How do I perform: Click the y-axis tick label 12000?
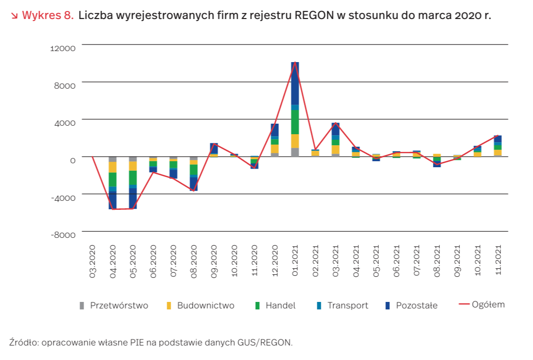click(63, 48)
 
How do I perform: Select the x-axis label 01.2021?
click(295, 261)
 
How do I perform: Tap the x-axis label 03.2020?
click(93, 261)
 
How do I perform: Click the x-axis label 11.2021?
click(498, 261)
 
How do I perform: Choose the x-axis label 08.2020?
click(194, 261)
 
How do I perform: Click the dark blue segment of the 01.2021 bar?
click(295, 83)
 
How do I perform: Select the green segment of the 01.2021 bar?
click(295, 122)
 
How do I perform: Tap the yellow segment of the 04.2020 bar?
click(113, 167)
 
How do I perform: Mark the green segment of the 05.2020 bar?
click(133, 178)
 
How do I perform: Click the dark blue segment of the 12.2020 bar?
click(275, 130)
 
